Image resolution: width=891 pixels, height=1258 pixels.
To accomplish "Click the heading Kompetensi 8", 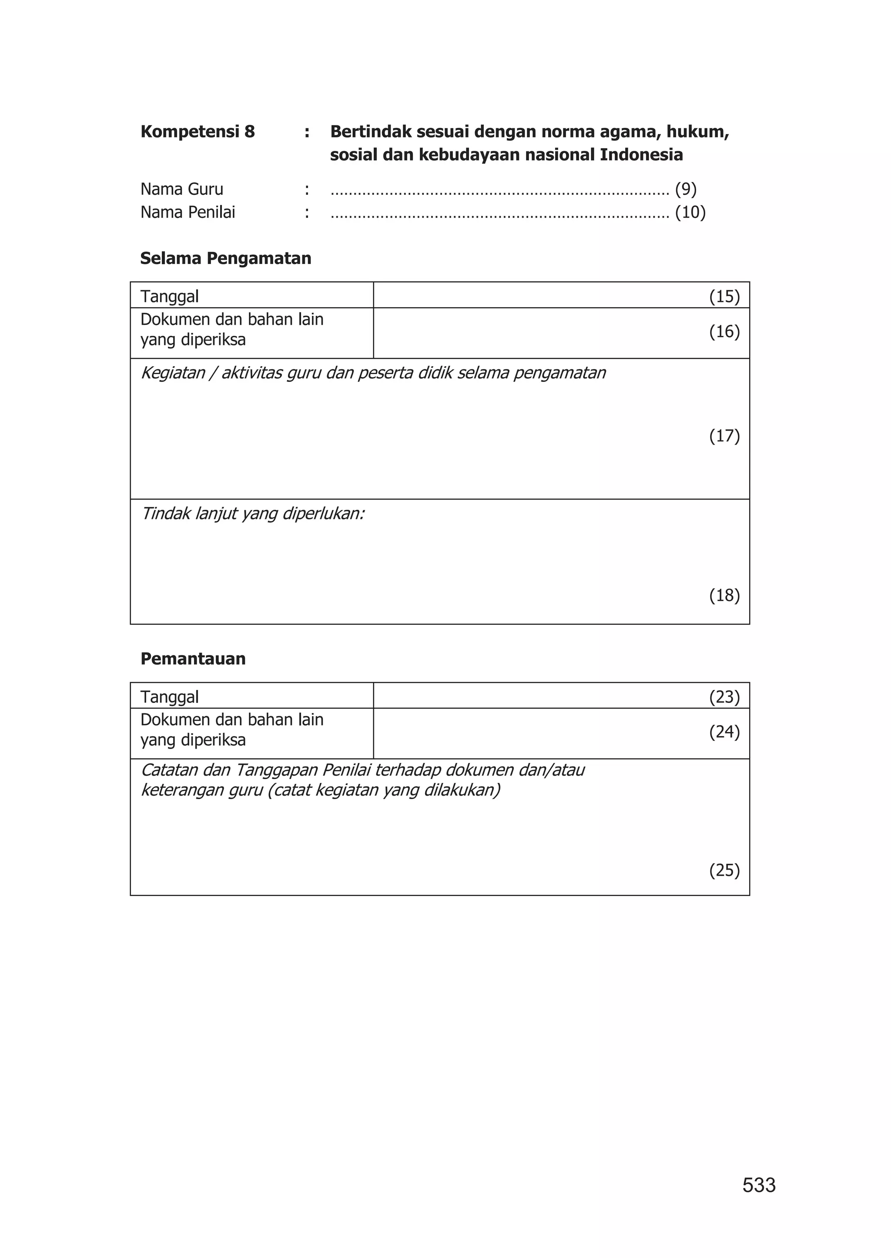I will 198,132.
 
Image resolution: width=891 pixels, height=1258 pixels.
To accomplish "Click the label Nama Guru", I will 181,189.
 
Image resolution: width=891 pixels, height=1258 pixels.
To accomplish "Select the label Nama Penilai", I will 188,212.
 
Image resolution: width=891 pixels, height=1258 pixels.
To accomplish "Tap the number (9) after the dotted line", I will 685,189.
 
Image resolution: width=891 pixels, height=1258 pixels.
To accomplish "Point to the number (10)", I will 690,212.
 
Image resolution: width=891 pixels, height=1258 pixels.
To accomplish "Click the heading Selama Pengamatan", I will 225,258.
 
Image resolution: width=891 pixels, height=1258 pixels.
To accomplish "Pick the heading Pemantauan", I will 193,659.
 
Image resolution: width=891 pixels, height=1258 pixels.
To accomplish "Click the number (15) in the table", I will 724,297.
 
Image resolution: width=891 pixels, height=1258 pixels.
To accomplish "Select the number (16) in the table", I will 724,331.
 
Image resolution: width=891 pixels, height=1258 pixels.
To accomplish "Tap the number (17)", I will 724,436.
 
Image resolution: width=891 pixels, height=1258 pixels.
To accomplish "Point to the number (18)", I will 724,595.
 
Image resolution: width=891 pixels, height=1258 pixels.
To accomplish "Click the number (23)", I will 724,697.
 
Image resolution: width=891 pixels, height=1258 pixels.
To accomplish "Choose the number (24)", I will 724,732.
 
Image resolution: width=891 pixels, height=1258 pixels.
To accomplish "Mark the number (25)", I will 724,871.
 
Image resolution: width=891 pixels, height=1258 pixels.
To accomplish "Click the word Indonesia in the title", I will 641,155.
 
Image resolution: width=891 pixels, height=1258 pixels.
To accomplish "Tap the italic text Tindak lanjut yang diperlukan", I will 253,514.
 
